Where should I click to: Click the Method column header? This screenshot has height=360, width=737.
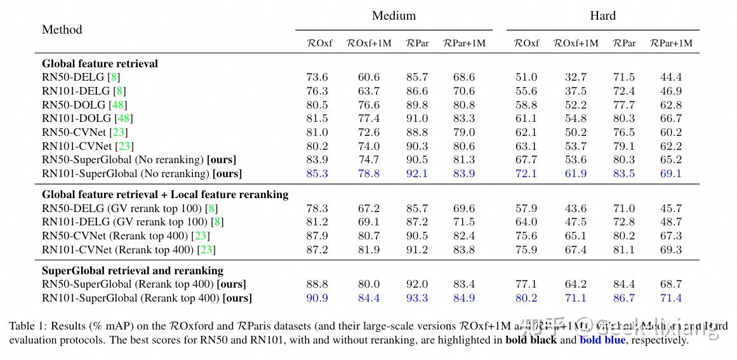(x=62, y=30)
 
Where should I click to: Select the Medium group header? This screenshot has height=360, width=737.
(x=394, y=16)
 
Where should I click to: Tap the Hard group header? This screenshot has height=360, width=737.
(x=602, y=16)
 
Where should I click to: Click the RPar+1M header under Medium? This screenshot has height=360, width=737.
(x=464, y=43)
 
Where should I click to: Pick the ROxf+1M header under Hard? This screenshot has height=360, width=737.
(x=576, y=43)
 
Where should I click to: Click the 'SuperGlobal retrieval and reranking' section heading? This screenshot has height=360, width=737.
(x=133, y=270)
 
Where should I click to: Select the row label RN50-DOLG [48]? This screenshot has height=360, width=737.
(x=84, y=105)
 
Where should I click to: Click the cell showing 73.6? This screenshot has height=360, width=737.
(x=317, y=77)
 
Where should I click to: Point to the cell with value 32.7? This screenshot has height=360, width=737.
(x=576, y=77)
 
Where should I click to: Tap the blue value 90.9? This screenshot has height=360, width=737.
(x=317, y=298)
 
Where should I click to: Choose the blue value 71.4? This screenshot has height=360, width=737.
(x=671, y=298)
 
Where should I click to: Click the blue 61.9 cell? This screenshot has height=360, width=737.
(x=576, y=173)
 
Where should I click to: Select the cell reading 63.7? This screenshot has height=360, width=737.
(x=369, y=91)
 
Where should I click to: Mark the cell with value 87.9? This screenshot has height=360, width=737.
(x=317, y=236)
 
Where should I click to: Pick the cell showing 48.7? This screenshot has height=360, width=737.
(x=671, y=222)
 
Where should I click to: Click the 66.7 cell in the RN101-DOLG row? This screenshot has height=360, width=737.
(x=671, y=119)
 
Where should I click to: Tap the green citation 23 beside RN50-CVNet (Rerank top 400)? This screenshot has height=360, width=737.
(x=203, y=236)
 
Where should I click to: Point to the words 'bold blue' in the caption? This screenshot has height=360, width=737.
(x=602, y=340)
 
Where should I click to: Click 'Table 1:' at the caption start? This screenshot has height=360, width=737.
(x=25, y=326)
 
